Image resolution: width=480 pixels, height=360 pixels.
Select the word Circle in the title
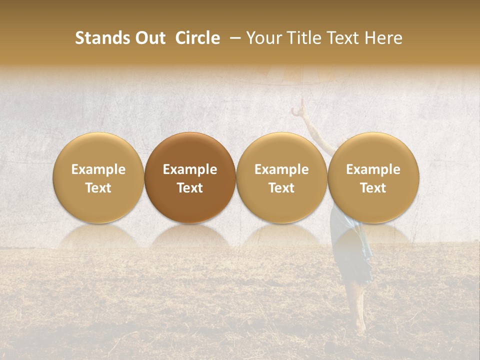click(197, 38)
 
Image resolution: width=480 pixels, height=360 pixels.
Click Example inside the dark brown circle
click(190, 169)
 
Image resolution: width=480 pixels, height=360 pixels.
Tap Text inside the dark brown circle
click(190, 188)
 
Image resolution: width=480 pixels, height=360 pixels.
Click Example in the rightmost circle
click(373, 169)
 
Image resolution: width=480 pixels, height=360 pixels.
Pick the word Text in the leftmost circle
click(98, 188)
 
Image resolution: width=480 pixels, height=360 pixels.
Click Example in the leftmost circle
click(98, 169)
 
